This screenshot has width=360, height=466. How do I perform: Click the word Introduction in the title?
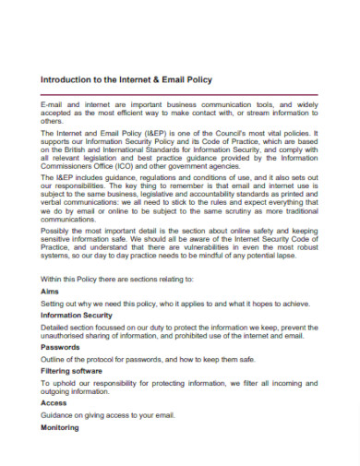(x=68, y=80)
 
